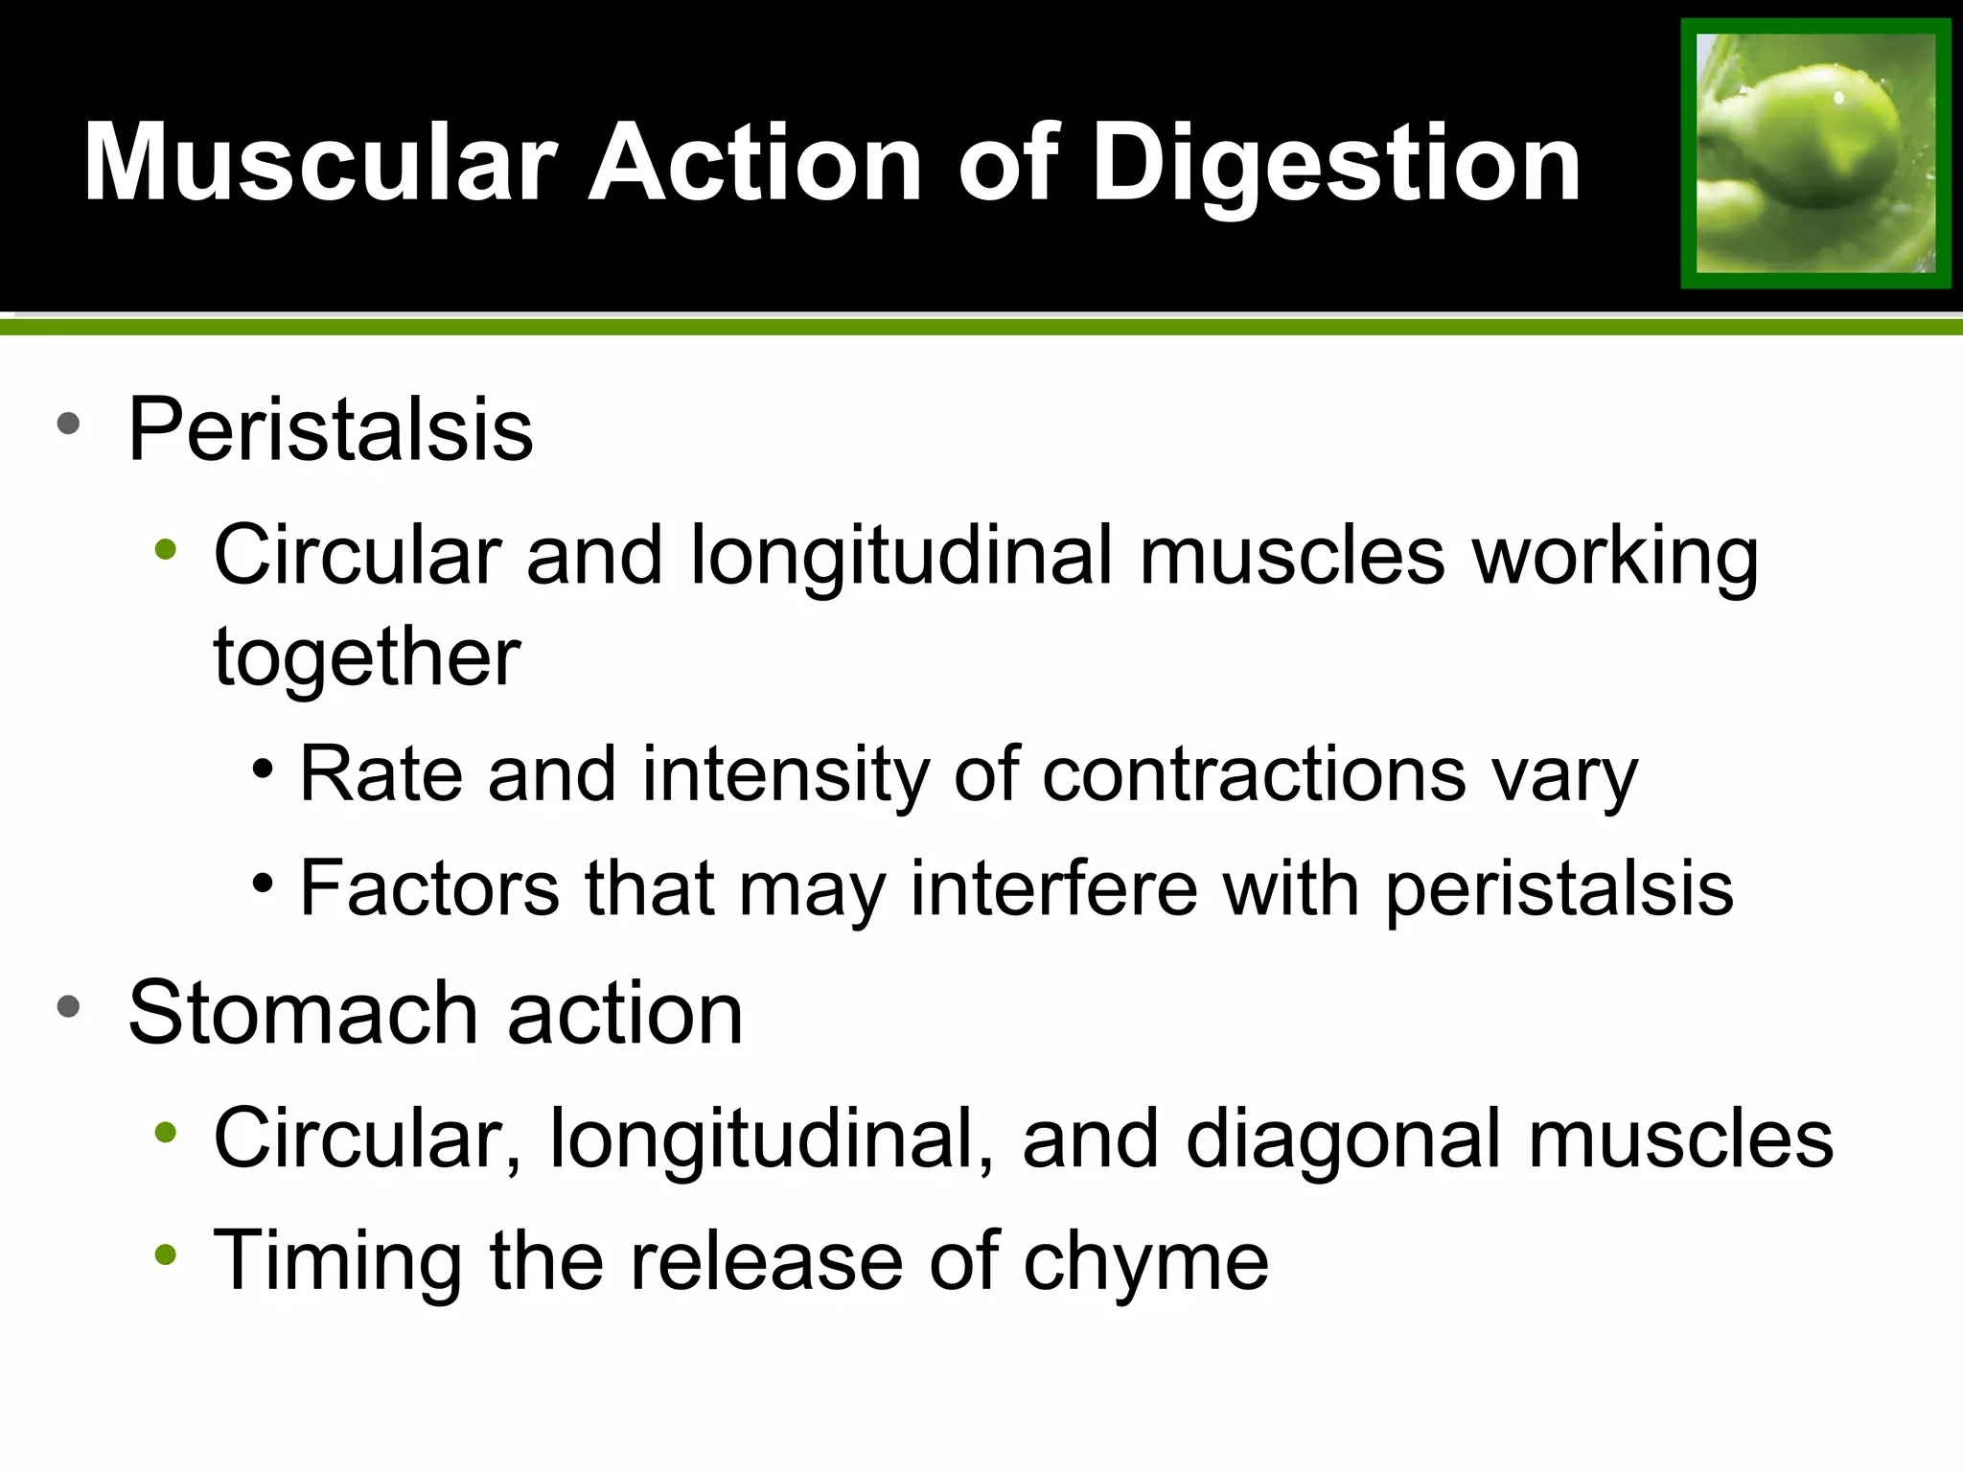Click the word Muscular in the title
[x=320, y=163]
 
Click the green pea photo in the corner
[x=1815, y=153]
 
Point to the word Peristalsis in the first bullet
[x=331, y=431]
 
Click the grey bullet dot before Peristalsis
[x=68, y=424]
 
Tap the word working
[x=1615, y=559]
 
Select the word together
[x=367, y=657]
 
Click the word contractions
[x=1254, y=774]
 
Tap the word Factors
[x=429, y=888]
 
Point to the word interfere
[x=1053, y=888]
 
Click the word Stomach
[x=303, y=1014]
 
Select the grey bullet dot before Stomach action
[x=68, y=1006]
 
